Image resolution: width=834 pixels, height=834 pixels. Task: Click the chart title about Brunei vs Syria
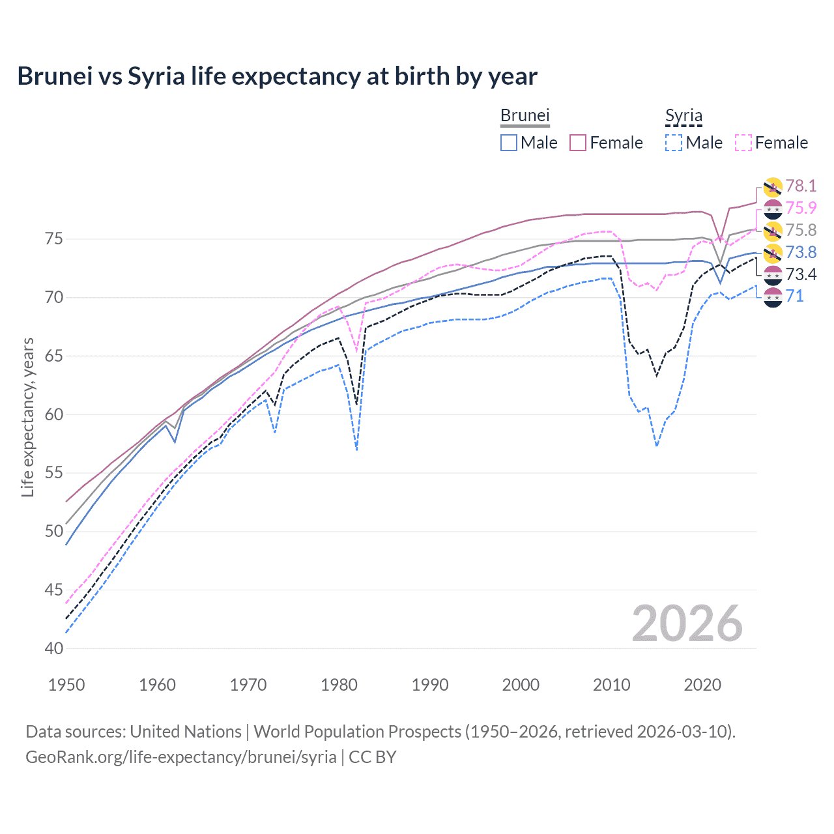click(277, 76)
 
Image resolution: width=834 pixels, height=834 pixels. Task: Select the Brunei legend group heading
click(525, 115)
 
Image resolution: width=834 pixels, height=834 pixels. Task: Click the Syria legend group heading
click(683, 116)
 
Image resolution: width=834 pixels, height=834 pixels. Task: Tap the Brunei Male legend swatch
click(509, 143)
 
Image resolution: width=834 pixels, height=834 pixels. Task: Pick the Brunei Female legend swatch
click(578, 143)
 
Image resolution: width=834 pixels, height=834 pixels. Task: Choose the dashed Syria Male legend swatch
click(674, 143)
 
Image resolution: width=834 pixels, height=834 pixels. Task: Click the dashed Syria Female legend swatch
click(743, 143)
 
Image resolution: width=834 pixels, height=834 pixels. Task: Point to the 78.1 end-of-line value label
click(801, 186)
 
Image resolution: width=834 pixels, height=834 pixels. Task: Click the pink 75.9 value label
click(801, 208)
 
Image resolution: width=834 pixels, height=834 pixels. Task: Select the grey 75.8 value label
click(801, 230)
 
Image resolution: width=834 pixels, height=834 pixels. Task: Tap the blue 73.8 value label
click(801, 252)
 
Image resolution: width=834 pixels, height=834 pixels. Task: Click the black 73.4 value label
click(801, 274)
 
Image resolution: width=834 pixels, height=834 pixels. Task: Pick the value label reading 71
click(794, 296)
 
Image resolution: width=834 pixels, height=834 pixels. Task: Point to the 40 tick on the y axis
click(54, 648)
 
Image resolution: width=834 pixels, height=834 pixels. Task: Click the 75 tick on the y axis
click(54, 239)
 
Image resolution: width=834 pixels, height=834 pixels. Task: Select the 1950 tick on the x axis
click(66, 685)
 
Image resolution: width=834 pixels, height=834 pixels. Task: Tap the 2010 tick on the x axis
click(611, 685)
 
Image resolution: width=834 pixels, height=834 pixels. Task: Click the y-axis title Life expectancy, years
click(27, 417)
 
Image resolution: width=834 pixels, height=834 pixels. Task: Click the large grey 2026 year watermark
click(687, 624)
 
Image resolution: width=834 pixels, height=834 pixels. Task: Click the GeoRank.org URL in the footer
click(181, 756)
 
